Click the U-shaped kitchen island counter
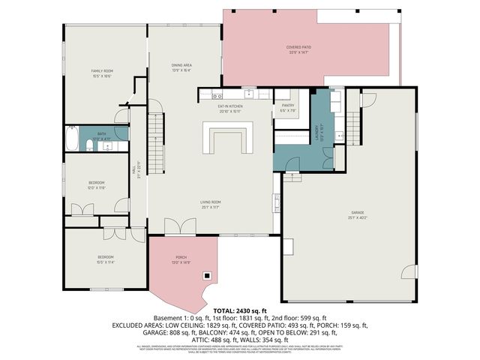228,139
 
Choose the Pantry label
288,106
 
